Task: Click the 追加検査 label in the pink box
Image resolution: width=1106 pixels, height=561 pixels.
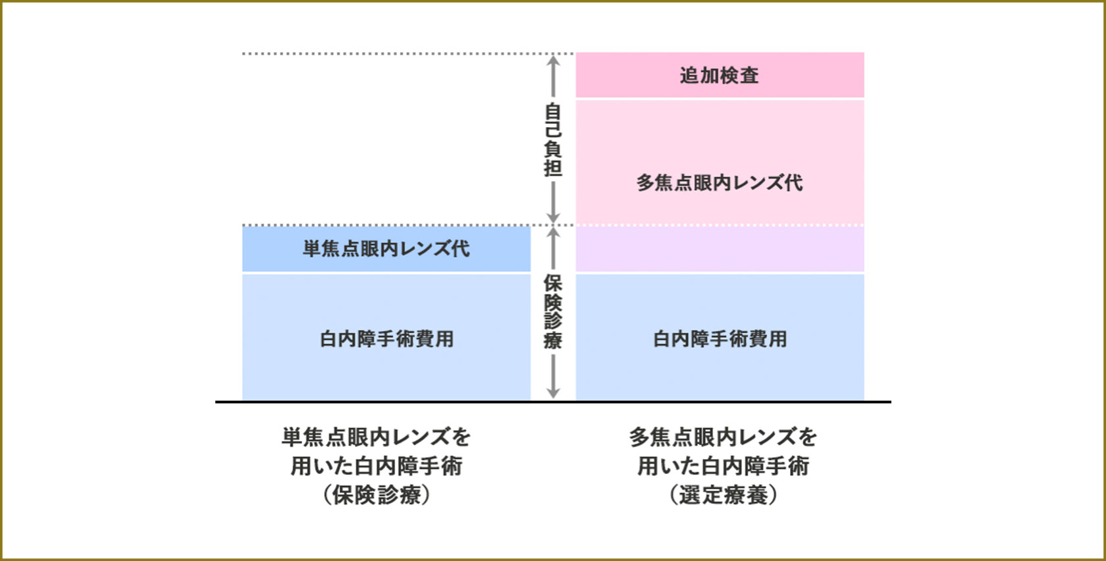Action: [x=719, y=76]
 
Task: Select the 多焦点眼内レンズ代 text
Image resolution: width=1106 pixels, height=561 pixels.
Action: [x=719, y=182]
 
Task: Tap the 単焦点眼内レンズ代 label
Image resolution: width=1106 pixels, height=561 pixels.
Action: [x=386, y=249]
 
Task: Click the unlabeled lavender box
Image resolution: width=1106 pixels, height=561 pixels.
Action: [x=720, y=249]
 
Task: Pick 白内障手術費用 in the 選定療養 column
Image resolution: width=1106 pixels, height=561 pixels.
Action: [x=720, y=339]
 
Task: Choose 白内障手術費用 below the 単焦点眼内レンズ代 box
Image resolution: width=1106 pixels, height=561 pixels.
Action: [x=386, y=339]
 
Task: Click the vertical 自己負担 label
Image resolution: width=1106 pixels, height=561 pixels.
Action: [x=553, y=140]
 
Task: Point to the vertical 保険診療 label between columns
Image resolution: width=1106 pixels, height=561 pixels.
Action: [x=553, y=311]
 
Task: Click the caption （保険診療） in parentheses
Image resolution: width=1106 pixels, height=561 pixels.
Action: [x=377, y=494]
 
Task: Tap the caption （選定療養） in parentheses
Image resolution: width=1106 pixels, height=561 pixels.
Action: [x=723, y=494]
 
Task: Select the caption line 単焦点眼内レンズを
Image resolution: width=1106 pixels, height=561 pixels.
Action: [x=377, y=437]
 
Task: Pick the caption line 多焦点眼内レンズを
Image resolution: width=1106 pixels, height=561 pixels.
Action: [x=723, y=437]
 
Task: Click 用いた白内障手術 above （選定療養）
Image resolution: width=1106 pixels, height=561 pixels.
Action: [x=723, y=466]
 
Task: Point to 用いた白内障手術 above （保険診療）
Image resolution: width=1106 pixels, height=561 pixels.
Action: [x=377, y=466]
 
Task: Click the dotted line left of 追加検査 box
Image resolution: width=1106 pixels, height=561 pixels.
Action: [x=395, y=53]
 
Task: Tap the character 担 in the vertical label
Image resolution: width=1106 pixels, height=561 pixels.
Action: [x=553, y=168]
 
